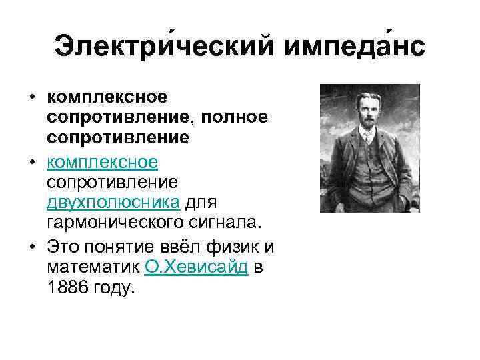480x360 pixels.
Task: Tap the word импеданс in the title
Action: tap(353, 47)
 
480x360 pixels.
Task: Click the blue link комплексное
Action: tap(102, 162)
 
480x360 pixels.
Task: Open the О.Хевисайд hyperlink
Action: tap(197, 267)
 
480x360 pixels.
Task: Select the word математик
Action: tap(93, 267)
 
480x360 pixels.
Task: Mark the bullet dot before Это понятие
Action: tap(32, 248)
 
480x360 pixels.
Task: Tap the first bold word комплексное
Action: tap(107, 98)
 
